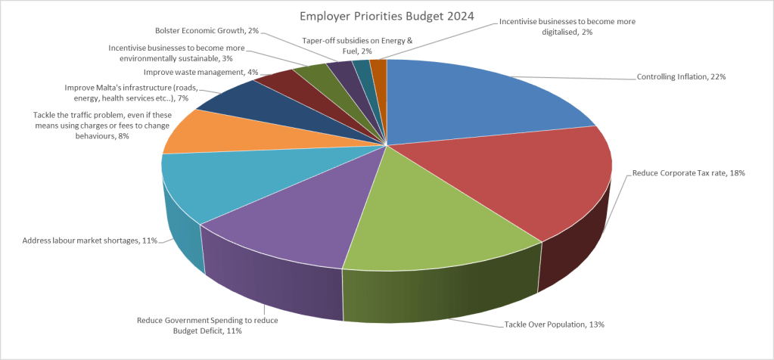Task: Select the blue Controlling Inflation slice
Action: coord(469,98)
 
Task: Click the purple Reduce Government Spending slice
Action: coord(303,219)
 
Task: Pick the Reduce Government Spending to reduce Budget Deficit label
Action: coord(207,325)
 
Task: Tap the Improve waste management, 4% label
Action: coord(201,72)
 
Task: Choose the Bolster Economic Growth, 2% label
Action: coord(207,30)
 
